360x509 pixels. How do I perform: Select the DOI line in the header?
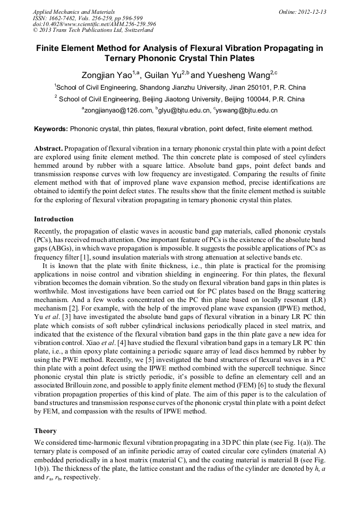(95, 24)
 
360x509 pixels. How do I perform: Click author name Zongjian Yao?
(107, 75)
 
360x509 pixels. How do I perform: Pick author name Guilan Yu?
(164, 75)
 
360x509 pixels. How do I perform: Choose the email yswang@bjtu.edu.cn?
(246, 110)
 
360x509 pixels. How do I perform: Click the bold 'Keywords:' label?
(50, 129)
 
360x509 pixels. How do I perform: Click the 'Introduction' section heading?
(54, 219)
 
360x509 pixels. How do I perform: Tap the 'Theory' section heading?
(45, 431)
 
